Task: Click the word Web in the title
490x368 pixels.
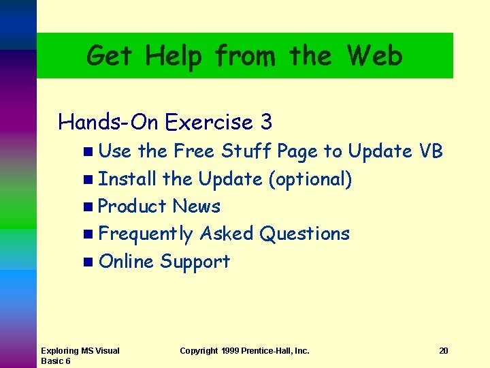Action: tap(374, 55)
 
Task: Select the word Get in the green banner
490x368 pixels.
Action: tap(110, 56)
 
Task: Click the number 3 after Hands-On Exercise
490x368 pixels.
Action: tap(266, 123)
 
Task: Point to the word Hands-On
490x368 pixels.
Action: tap(108, 123)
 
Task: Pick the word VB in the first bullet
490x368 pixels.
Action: tap(431, 151)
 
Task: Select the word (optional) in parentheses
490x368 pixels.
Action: tap(310, 179)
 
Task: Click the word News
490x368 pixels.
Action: tap(197, 206)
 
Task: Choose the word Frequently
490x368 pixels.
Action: tap(146, 234)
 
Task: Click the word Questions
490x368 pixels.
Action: tap(305, 234)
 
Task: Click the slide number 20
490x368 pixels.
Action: tap(444, 351)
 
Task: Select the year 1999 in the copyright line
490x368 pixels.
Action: tap(231, 351)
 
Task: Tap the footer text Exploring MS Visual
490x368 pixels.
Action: tap(80, 351)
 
